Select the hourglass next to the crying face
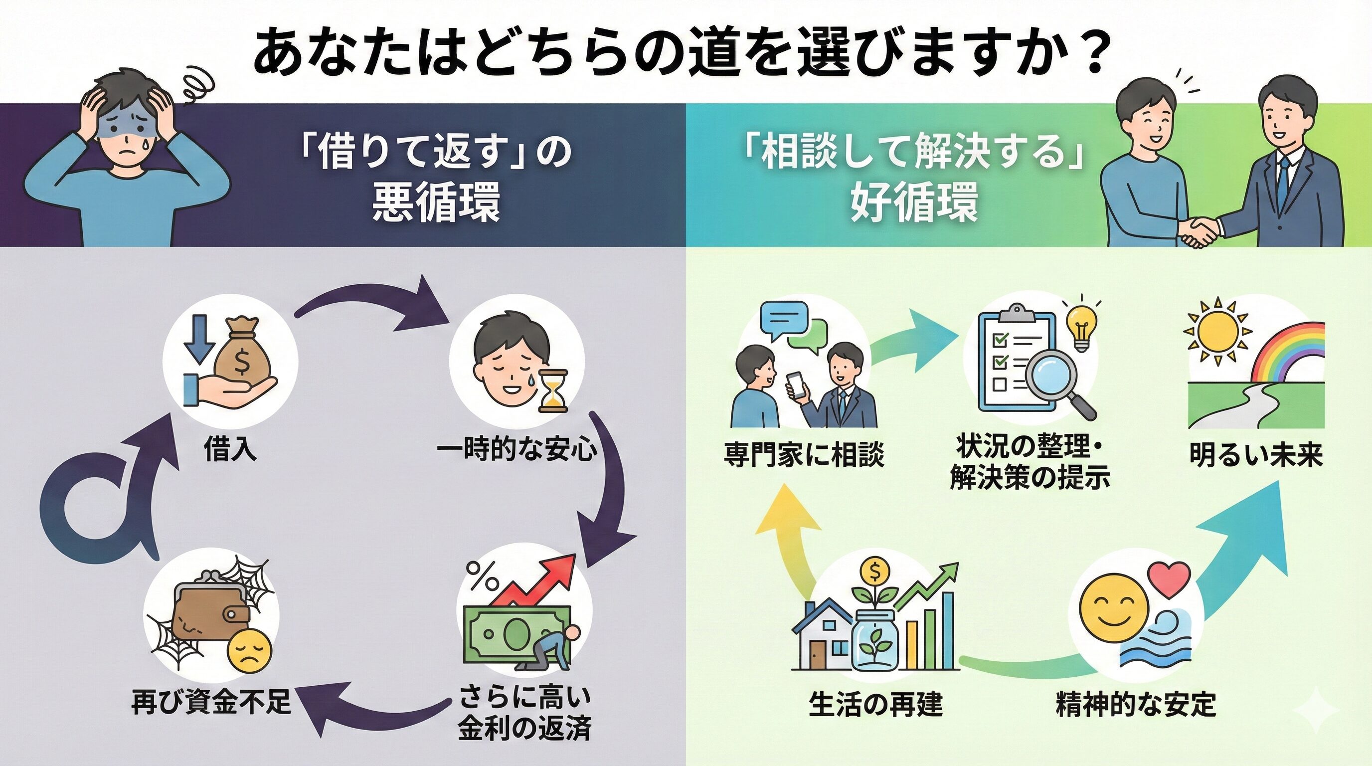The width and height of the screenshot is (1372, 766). (x=552, y=391)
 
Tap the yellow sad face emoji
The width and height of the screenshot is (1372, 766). (x=249, y=652)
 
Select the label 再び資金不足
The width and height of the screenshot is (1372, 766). (x=211, y=702)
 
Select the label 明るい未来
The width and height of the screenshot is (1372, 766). (x=1256, y=456)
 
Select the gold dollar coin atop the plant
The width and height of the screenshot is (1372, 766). (x=874, y=571)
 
